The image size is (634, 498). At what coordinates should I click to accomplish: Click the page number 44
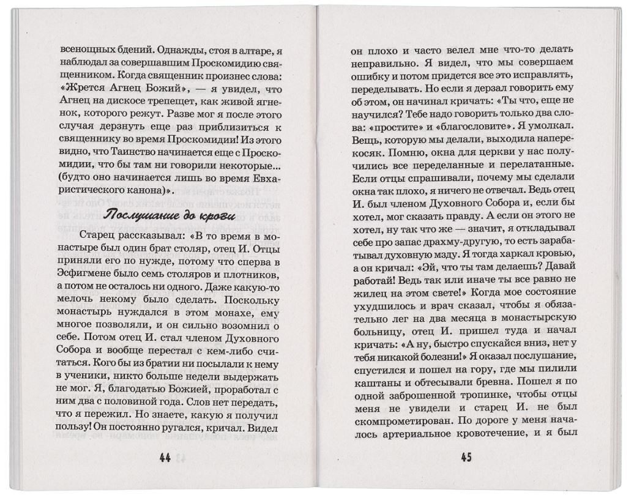point(164,458)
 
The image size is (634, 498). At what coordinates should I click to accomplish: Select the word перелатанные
point(532,165)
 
